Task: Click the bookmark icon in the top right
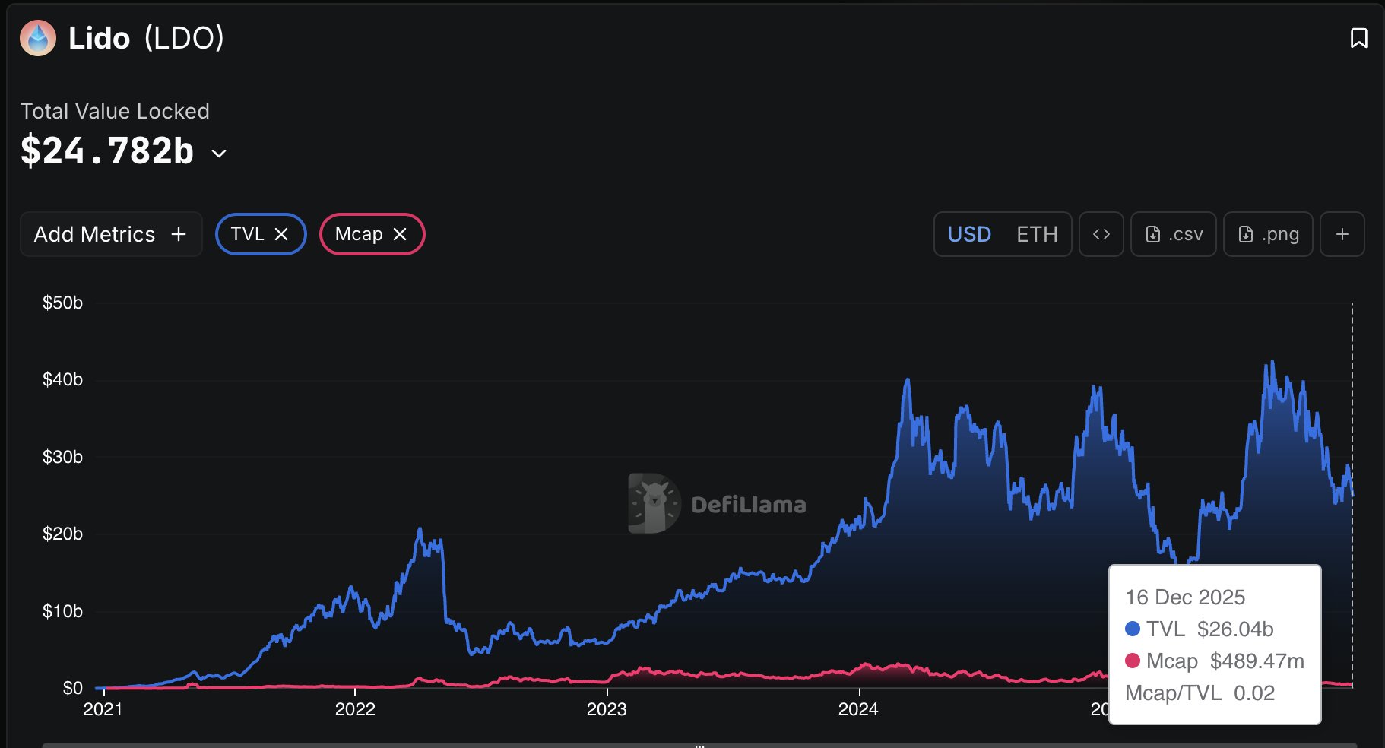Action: point(1358,38)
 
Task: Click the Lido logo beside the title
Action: point(38,38)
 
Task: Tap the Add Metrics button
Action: point(111,234)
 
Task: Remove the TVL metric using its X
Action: point(281,234)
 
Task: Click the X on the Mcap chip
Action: point(400,234)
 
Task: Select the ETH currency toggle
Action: point(1037,234)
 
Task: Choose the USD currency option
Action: point(969,234)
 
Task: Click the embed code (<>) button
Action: point(1101,234)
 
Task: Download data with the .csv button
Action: point(1174,234)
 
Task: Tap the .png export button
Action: point(1268,234)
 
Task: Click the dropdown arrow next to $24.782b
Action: point(219,154)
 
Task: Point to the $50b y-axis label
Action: point(62,303)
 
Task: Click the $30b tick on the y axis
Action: point(62,457)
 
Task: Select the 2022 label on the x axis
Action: point(355,709)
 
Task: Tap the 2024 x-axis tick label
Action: point(858,709)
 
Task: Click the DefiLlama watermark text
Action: point(748,505)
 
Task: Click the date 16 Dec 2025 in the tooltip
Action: point(1185,597)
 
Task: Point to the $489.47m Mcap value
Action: point(1257,661)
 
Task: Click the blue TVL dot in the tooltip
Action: point(1133,629)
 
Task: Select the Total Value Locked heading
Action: point(115,111)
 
